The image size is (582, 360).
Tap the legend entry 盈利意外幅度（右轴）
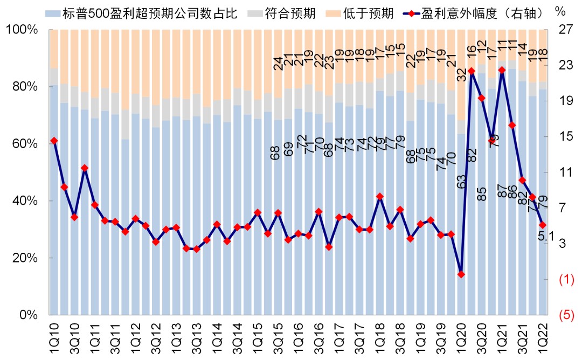tap(483, 12)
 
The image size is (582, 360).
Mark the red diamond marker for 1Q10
tap(54, 141)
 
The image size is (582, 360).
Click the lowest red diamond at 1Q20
tap(461, 274)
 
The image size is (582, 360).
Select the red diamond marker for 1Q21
tap(502, 70)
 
